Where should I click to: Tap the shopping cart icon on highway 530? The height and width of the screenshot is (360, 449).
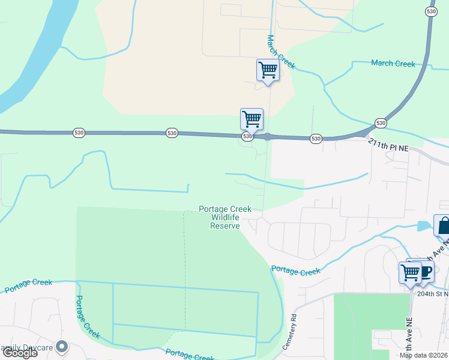[252, 118]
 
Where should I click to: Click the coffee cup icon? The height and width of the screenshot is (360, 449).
[425, 270]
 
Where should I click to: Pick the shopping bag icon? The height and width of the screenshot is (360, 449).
[443, 226]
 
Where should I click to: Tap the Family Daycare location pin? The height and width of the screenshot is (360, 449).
[61, 347]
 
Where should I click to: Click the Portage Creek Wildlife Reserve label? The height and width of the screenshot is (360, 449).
[225, 217]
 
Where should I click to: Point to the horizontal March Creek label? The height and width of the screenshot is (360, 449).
[393, 64]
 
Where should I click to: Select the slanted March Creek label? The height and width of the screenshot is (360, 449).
[281, 51]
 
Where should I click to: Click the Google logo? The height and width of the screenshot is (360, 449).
[19, 352]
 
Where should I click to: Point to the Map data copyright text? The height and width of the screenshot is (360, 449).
[424, 356]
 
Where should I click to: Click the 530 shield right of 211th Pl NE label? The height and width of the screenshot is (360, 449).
[381, 123]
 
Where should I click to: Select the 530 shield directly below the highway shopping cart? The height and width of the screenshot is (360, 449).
[247, 137]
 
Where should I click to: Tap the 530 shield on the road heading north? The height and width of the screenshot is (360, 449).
[430, 11]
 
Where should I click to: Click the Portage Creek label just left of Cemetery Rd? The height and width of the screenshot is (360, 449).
[295, 271]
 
